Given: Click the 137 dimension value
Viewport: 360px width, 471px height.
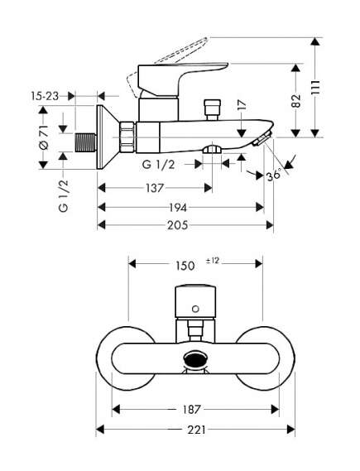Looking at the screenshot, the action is point(155,189).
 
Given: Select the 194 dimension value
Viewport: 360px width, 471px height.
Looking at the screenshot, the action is point(178,207).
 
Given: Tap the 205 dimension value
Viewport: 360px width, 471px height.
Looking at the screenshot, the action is point(178,225).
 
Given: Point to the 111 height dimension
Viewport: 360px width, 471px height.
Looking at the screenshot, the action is point(315,88).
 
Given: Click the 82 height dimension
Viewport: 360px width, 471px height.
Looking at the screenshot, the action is point(296,101).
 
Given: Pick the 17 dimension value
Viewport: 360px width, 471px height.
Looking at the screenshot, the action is point(242,105).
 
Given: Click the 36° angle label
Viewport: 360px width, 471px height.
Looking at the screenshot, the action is point(275,174).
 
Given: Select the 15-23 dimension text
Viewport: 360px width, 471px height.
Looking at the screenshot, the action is point(45,96).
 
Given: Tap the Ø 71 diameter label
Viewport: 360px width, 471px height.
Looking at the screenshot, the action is point(44,137).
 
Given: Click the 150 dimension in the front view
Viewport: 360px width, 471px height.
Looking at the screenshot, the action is point(185,266).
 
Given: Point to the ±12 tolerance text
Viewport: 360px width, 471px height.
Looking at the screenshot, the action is point(213,261).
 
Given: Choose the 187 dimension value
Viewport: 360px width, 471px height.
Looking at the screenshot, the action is point(191,409).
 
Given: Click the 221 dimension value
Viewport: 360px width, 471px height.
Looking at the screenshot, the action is point(197,430).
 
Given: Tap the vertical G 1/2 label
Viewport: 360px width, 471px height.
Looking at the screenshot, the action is point(64,195).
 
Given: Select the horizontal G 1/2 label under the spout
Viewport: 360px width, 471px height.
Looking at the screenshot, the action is point(158,164).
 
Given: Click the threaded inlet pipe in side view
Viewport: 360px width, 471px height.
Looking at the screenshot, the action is point(85,142).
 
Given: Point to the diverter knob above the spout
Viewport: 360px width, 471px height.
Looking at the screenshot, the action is point(213,109).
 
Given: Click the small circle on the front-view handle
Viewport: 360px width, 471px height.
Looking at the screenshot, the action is point(195,309).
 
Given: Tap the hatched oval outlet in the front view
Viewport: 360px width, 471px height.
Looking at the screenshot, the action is point(195,359).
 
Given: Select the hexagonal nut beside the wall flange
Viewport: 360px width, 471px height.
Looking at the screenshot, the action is point(128,137).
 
